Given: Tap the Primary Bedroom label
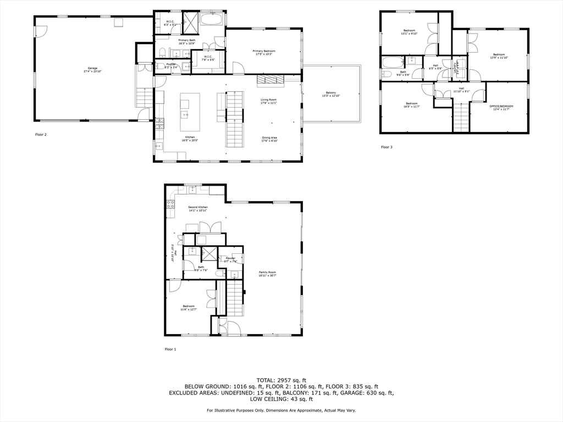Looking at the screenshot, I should point(265,52).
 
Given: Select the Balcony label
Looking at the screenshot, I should point(331,95).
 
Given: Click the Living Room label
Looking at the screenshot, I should point(268,101).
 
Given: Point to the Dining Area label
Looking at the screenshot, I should point(269,139).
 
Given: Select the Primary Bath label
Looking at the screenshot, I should point(186,41).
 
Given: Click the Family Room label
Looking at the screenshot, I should point(268,274).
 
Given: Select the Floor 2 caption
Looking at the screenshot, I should point(41,134).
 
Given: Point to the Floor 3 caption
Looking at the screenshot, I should point(387,147).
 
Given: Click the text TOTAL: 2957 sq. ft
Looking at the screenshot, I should point(281,380).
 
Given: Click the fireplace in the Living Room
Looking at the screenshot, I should point(269,80).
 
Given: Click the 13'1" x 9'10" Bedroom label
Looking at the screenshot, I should point(409,32).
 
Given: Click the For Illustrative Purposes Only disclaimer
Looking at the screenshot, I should point(281,410).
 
